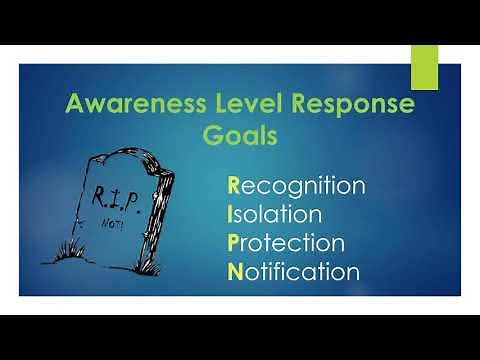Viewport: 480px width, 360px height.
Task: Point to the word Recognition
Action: [296, 186]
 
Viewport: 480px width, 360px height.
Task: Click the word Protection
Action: [287, 242]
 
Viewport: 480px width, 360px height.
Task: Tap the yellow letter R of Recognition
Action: [234, 186]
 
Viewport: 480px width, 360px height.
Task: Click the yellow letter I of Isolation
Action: [231, 214]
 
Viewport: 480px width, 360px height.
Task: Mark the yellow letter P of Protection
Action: [234, 242]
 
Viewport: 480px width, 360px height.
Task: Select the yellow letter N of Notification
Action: [235, 270]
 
